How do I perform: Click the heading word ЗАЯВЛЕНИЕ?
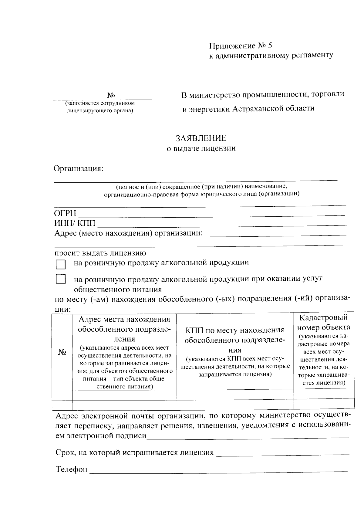(x=201, y=138)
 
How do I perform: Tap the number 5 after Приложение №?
(x=270, y=46)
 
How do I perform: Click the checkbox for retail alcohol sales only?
(x=61, y=264)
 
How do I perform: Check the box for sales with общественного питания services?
(x=61, y=279)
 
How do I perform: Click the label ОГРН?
(x=65, y=213)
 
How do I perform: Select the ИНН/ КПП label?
(x=75, y=224)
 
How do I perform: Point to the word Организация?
(x=79, y=168)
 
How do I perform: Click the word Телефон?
(x=72, y=469)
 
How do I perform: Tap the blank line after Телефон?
(x=218, y=470)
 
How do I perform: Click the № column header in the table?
(x=62, y=352)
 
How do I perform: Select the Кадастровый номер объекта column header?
(x=324, y=323)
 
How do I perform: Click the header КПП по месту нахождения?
(x=235, y=330)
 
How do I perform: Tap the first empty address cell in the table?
(x=124, y=395)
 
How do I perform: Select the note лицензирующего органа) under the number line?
(x=100, y=110)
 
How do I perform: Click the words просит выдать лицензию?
(x=100, y=253)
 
